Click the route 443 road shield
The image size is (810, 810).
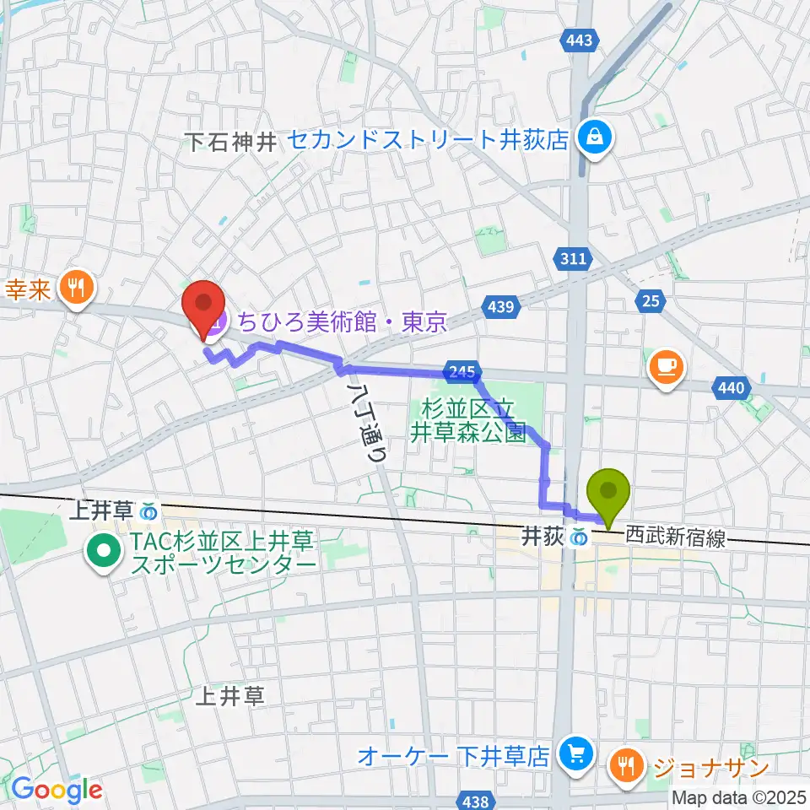pos(580,39)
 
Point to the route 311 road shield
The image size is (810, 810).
pos(573,261)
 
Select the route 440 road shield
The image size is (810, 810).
pos(731,387)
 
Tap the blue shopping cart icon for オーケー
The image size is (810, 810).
pos(577,752)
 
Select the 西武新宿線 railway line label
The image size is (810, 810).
pos(675,537)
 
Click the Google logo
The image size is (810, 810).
pos(57,790)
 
